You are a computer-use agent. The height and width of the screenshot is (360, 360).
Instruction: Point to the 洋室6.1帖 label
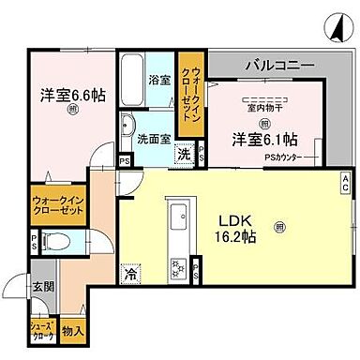click(x=264, y=140)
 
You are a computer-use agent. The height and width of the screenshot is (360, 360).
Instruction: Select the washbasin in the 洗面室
click(x=130, y=128)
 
